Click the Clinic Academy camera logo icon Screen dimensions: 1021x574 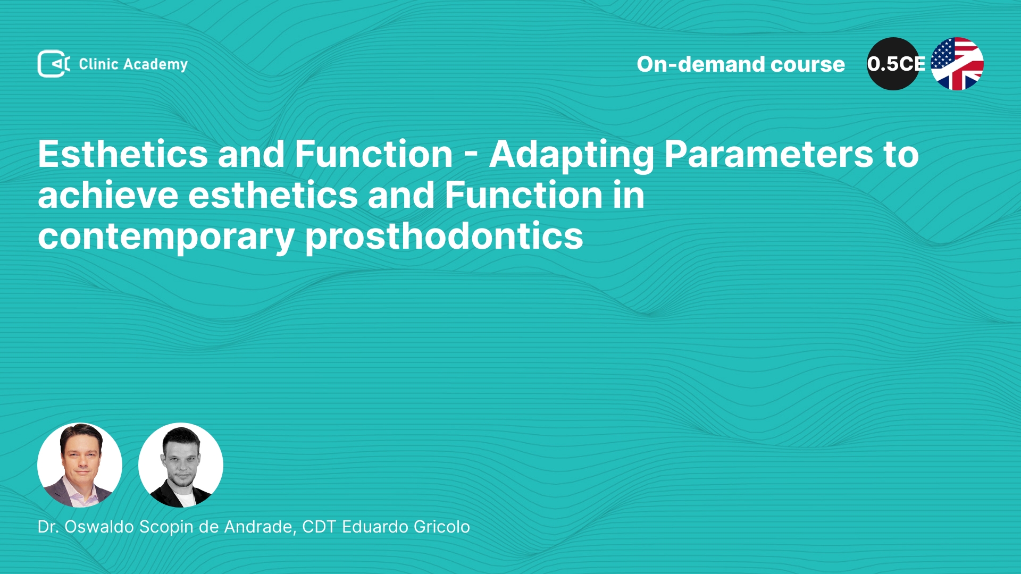click(x=53, y=64)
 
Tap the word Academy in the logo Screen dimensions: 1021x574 click(x=155, y=65)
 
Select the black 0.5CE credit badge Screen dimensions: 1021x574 click(x=894, y=64)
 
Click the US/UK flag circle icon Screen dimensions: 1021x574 click(x=957, y=64)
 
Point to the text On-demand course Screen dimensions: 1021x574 click(x=741, y=64)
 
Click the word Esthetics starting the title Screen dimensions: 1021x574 click(x=123, y=155)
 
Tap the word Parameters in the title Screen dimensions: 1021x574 click(x=769, y=155)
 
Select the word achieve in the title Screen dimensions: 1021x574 click(x=108, y=195)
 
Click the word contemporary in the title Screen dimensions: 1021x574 click(x=166, y=238)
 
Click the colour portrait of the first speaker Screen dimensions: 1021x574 click(x=80, y=465)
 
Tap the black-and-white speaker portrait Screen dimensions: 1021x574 click(x=181, y=465)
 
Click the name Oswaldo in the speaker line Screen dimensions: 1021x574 click(x=99, y=527)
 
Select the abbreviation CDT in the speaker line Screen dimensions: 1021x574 click(x=319, y=527)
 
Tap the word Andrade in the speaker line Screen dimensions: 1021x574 click(x=259, y=527)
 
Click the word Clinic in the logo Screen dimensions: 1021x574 click(x=98, y=64)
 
